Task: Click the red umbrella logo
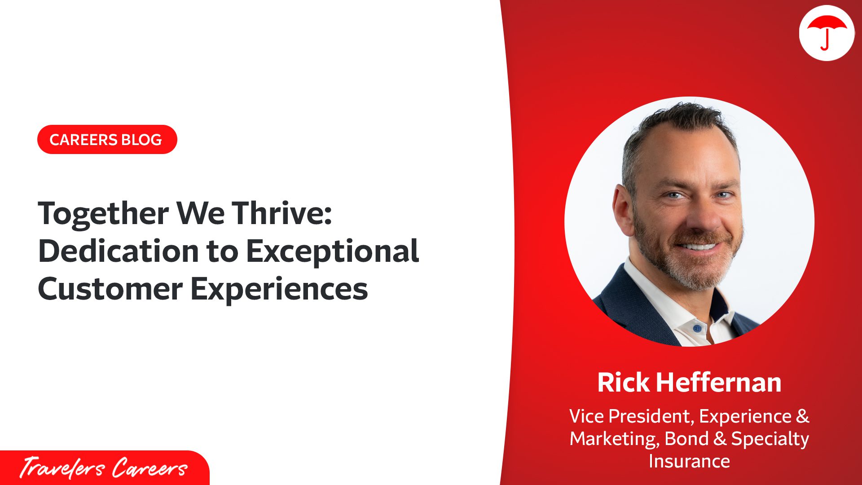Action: [x=827, y=32]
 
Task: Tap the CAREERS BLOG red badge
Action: [x=107, y=140]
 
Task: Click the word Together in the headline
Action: [x=103, y=213]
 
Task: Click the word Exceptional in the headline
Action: [x=333, y=251]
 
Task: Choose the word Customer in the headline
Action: [x=110, y=288]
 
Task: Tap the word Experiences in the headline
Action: [x=279, y=289]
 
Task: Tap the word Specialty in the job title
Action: [x=770, y=439]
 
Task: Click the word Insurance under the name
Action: [x=689, y=461]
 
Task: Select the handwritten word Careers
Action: [x=149, y=468]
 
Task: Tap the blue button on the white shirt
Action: [x=697, y=328]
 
